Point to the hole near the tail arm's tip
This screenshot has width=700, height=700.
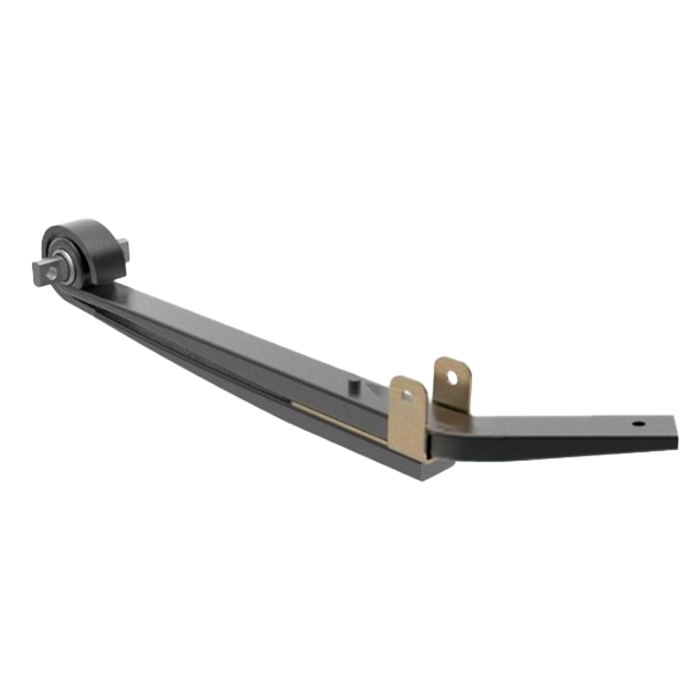pos(638,425)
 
